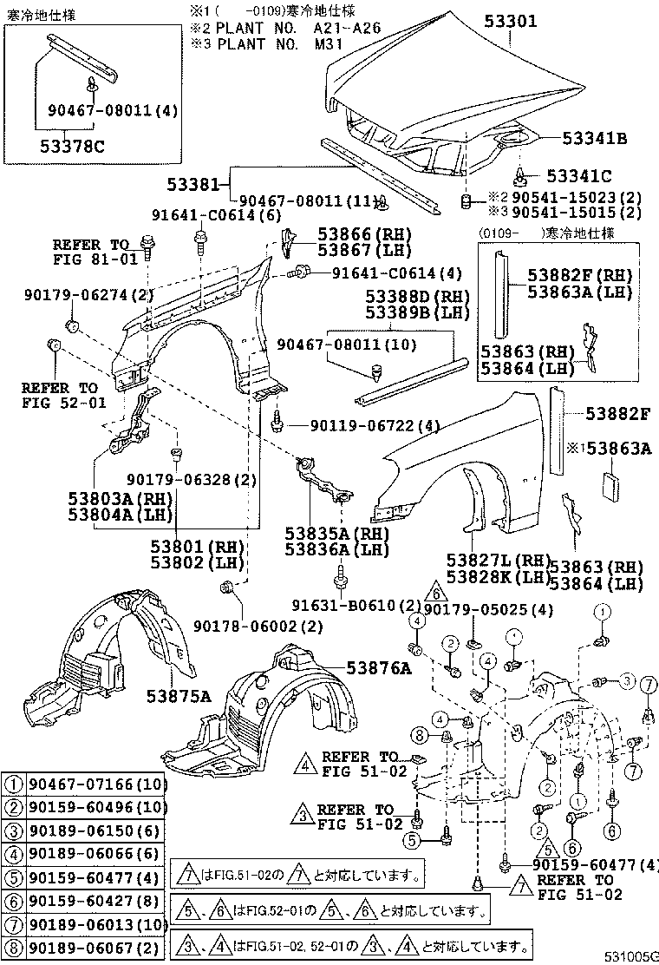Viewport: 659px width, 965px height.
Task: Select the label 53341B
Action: pos(594,137)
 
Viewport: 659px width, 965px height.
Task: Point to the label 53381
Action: pos(198,184)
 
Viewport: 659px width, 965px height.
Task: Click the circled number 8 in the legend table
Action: pos(14,944)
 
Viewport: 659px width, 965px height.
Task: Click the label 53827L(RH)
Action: pos(499,561)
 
